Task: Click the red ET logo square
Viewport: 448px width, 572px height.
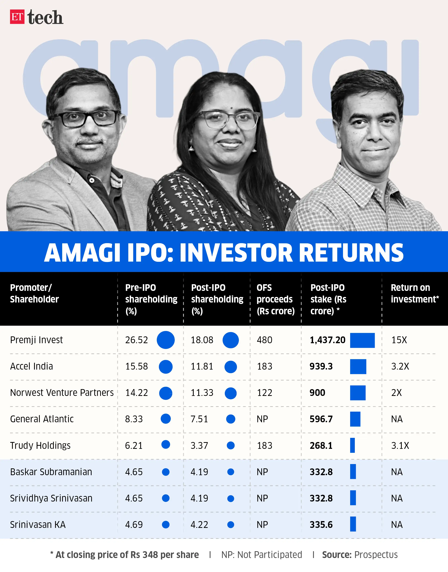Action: (x=17, y=17)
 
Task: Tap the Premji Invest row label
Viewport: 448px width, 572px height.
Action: (x=36, y=340)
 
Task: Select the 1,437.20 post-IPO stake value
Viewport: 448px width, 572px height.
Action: (x=327, y=340)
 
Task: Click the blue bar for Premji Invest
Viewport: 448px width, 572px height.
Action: (x=362, y=340)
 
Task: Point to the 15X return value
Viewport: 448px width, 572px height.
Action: (x=399, y=340)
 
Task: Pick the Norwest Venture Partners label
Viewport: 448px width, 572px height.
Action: (x=62, y=393)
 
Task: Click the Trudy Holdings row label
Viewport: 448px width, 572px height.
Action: (x=40, y=445)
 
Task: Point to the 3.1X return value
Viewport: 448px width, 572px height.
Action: (x=400, y=445)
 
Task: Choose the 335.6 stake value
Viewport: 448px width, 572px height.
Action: (x=321, y=524)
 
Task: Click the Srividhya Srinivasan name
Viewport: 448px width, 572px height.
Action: (x=51, y=498)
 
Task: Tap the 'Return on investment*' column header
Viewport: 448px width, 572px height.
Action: (x=414, y=293)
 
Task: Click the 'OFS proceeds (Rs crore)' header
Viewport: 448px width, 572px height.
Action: (x=275, y=299)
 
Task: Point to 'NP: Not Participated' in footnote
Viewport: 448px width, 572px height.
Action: (x=261, y=555)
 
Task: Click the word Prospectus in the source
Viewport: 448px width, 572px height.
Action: (x=376, y=555)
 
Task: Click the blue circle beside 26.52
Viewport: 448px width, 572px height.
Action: (x=166, y=340)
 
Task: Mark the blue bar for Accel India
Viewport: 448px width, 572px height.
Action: (x=358, y=366)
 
